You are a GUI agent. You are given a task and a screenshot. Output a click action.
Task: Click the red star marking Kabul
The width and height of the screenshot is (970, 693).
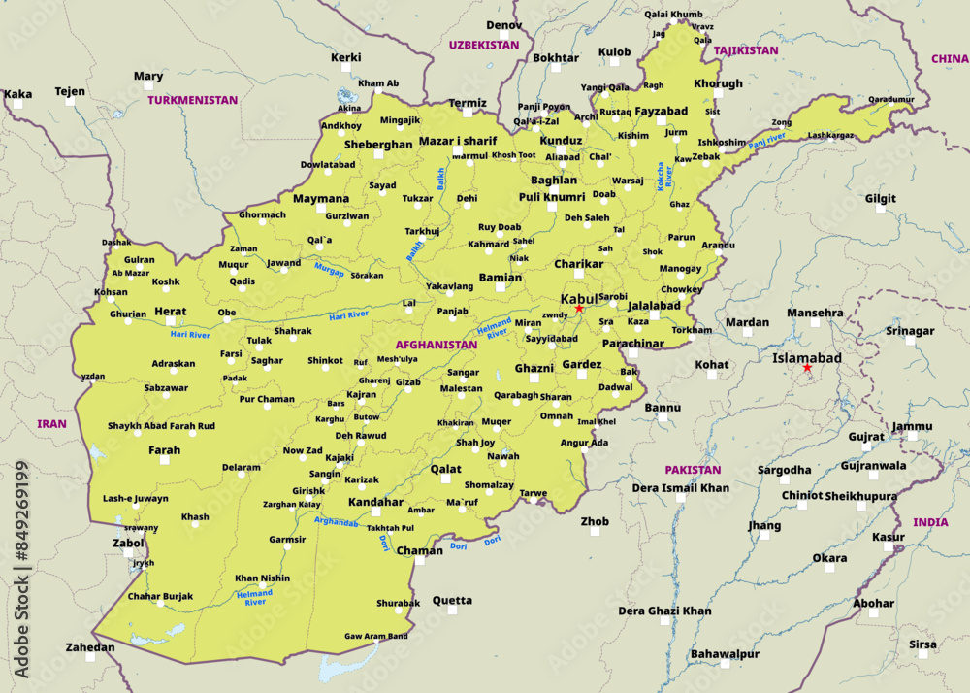click(x=579, y=309)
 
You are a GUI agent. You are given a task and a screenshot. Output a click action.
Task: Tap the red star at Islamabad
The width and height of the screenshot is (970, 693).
click(x=807, y=368)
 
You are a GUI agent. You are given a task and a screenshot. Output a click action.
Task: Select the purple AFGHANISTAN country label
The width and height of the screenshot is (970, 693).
click(x=436, y=345)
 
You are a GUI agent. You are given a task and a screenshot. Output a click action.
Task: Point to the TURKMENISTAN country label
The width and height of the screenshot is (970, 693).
click(x=193, y=100)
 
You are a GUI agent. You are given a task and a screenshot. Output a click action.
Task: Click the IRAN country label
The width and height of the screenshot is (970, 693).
click(x=51, y=424)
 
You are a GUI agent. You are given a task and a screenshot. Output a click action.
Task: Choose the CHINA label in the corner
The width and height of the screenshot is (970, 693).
click(x=949, y=59)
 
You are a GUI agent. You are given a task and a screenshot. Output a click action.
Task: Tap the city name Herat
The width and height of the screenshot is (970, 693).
click(x=170, y=312)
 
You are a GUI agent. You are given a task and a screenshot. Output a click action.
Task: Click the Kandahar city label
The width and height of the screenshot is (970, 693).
click(x=375, y=502)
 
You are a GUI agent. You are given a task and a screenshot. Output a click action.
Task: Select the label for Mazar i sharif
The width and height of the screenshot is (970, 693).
click(x=458, y=141)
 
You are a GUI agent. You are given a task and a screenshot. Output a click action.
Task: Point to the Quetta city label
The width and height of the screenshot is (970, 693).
click(x=452, y=600)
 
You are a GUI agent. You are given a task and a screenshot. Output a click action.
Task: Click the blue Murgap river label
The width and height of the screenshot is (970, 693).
click(x=329, y=271)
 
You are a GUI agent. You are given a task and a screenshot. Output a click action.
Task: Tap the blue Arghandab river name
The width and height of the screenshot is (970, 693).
click(x=336, y=522)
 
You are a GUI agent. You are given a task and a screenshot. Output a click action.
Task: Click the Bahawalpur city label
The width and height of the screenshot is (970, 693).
click(x=725, y=654)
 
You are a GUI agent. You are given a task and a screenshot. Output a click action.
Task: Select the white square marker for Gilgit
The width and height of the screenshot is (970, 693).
click(x=881, y=214)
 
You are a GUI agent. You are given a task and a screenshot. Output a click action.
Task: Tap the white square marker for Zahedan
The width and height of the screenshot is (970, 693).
click(x=89, y=657)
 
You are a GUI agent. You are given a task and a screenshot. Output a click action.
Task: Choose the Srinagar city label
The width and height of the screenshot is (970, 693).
click(x=910, y=331)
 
